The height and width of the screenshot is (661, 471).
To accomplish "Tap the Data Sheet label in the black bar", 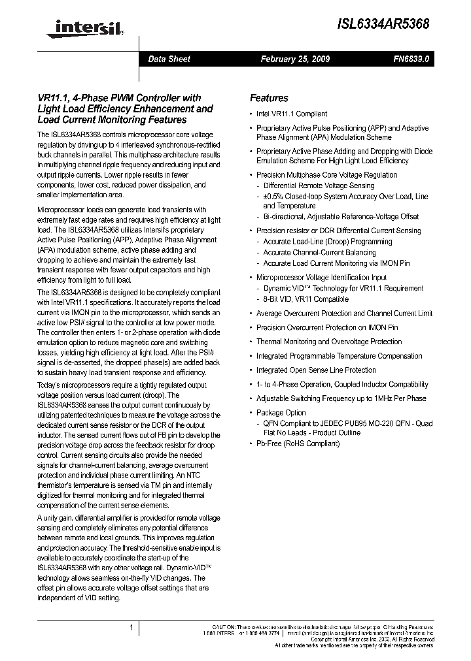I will tap(169, 59).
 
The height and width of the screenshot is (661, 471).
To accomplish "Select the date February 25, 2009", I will tap(295, 59).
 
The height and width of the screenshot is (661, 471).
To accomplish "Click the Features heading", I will tap(269, 98).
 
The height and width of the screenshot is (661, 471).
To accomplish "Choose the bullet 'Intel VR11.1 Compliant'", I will tap(292, 114).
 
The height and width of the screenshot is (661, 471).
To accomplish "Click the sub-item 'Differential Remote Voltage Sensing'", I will tap(319, 185).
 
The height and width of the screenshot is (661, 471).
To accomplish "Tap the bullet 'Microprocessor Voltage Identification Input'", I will tap(321, 278).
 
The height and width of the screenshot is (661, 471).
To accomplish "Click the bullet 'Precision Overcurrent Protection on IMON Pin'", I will tap(327, 327).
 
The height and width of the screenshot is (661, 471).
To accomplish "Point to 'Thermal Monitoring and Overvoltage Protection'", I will tap(329, 342).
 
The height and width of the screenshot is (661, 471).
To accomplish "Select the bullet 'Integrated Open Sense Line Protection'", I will tap(316, 370).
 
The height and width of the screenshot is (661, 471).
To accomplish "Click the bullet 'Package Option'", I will tap(281, 412).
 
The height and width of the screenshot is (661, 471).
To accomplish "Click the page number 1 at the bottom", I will tap(131, 628).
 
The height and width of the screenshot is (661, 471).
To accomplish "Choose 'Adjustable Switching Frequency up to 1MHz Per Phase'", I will tap(341, 398).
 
